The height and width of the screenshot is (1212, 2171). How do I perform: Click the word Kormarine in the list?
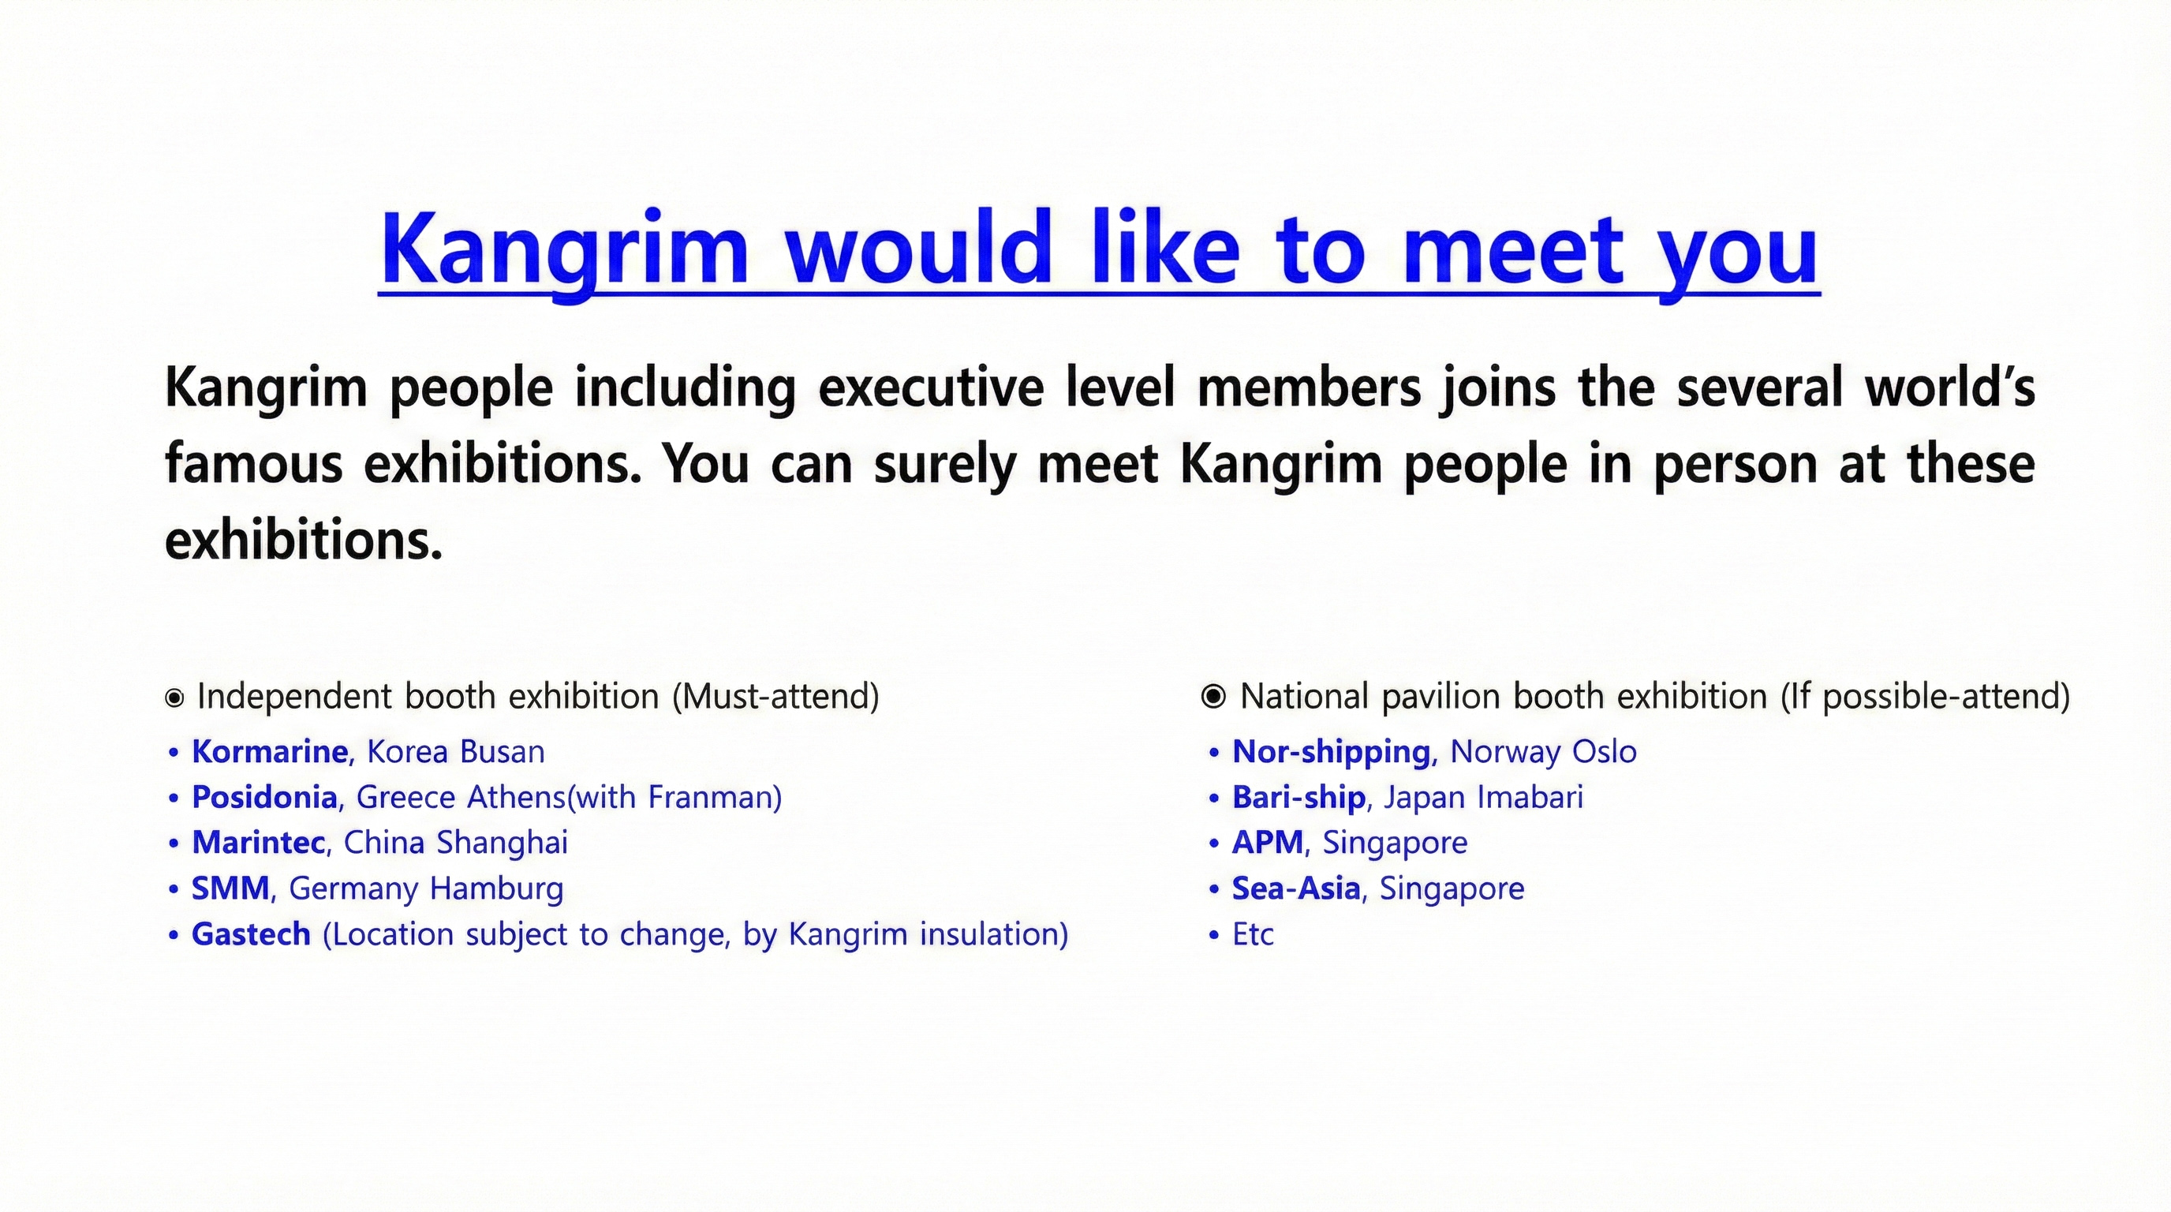[270, 751]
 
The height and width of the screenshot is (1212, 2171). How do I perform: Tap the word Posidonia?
[264, 796]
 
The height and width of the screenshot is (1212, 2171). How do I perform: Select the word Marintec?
[259, 842]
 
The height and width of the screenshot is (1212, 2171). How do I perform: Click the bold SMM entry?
[230, 888]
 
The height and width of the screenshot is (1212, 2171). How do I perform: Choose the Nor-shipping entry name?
[1332, 752]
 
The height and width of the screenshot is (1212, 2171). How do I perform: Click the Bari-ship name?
[1298, 797]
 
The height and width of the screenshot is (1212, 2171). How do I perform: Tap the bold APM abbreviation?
[1268, 842]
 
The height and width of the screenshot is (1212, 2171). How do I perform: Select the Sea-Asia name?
[1296, 888]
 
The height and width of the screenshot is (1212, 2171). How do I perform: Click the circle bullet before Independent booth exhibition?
[174, 698]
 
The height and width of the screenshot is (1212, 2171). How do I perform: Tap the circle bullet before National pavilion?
[1213, 696]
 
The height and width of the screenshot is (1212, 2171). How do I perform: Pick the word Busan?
[501, 751]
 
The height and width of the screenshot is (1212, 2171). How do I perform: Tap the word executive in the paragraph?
[931, 387]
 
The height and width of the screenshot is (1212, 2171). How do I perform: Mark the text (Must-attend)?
[775, 697]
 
